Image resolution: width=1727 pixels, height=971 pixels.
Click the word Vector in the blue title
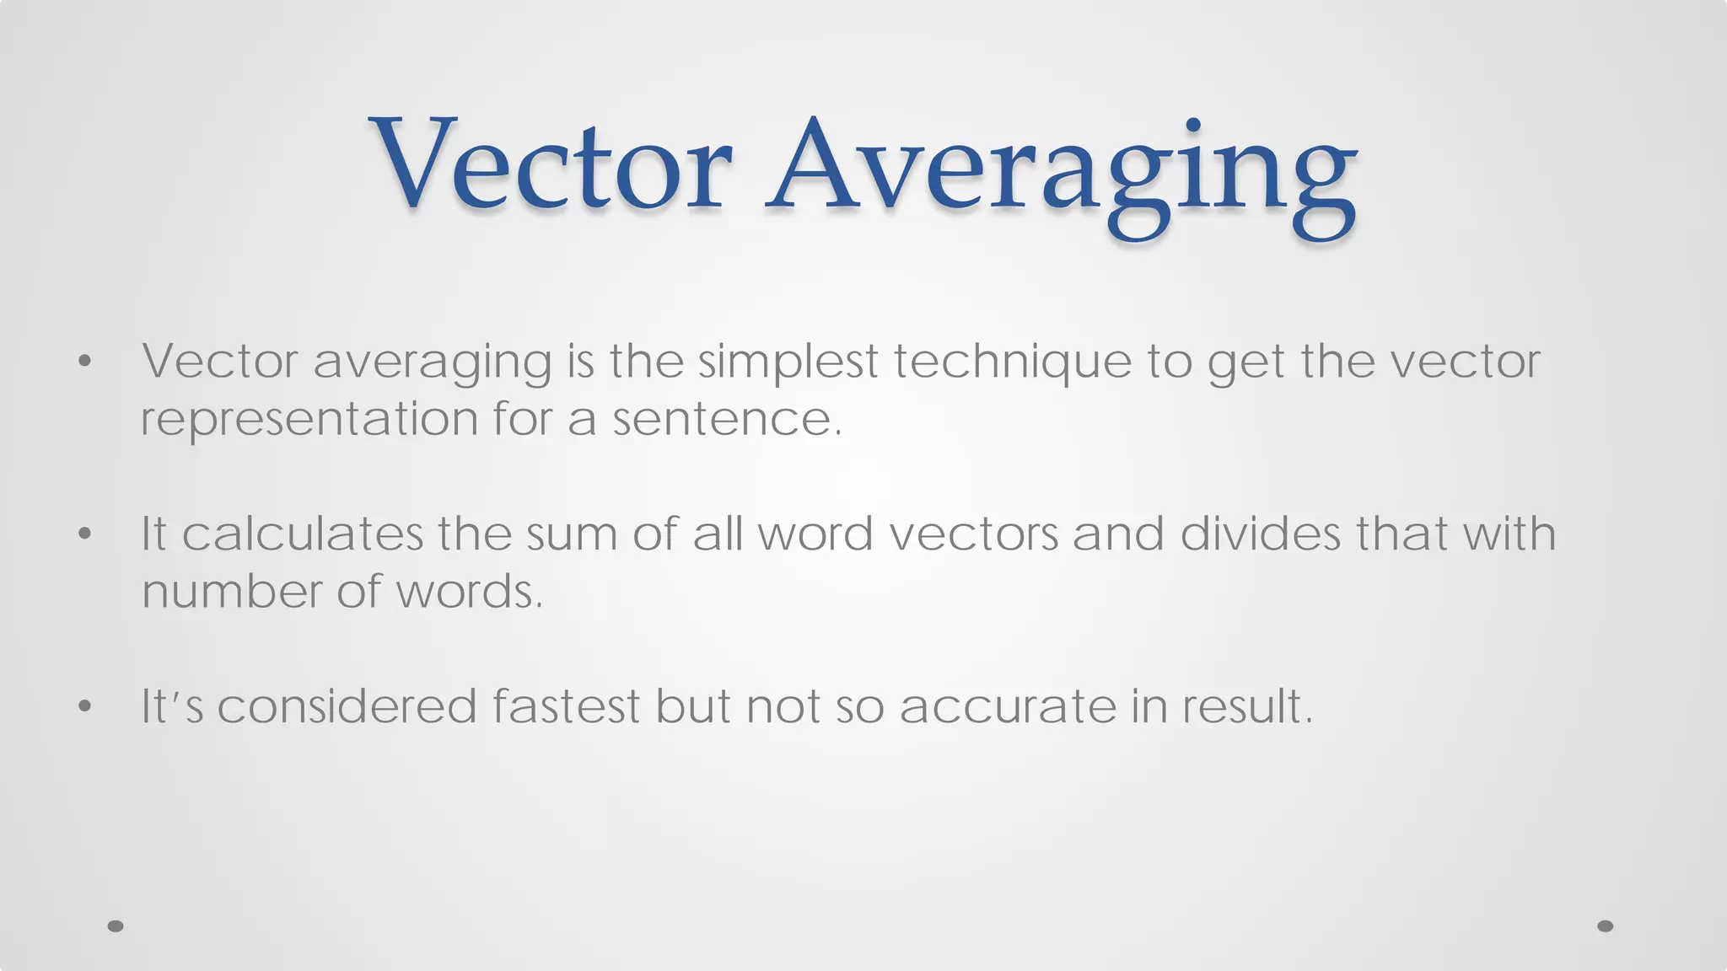coord(550,164)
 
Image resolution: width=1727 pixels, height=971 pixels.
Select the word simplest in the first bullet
coord(788,362)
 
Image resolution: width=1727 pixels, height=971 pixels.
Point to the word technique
coord(1012,363)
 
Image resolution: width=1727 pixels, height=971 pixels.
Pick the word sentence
coord(726,419)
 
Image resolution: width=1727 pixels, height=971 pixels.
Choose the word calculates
coord(302,534)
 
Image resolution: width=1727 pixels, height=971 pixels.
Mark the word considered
coord(347,706)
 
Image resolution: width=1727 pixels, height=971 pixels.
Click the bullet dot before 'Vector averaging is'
coord(83,362)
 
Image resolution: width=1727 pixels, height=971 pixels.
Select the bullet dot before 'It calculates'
coord(83,534)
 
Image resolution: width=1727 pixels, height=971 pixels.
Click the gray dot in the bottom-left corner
coord(116,926)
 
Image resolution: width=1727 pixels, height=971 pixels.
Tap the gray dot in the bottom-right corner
coord(1605,926)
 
